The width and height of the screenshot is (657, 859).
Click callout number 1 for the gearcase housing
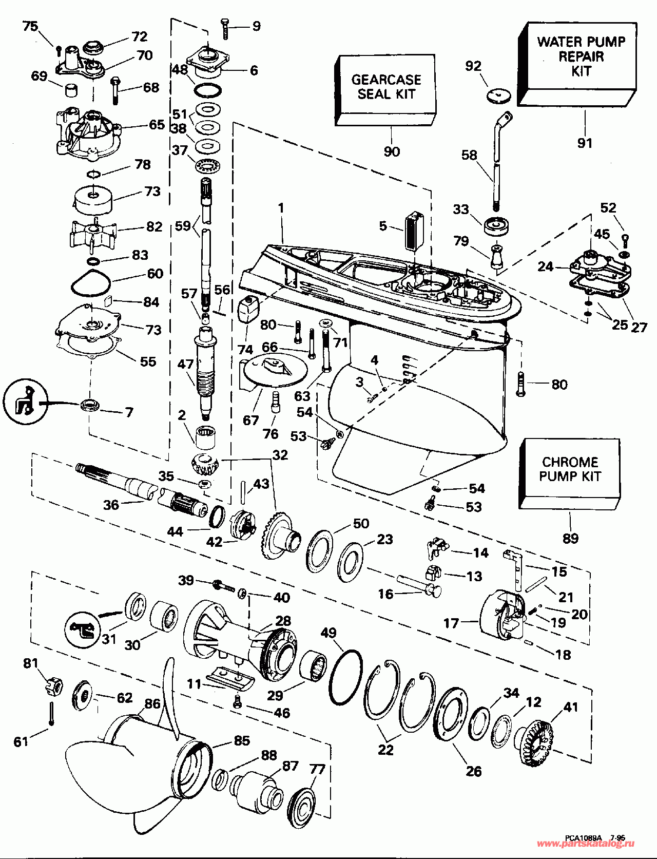coord(281,208)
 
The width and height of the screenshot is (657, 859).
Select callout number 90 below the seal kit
coord(392,152)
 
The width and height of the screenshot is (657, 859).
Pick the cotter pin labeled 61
coord(52,714)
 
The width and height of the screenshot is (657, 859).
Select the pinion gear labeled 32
coord(205,465)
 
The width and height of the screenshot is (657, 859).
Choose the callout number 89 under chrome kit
coord(571,538)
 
